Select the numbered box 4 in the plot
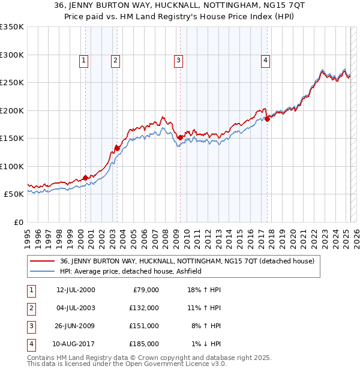pyautogui.click(x=265, y=60)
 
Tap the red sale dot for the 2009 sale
pyautogui.click(x=180, y=138)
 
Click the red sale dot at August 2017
pyautogui.click(x=268, y=119)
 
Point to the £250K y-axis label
pyautogui.click(x=12, y=83)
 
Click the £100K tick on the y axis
pyautogui.click(x=12, y=166)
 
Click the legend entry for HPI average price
pyautogui.click(x=130, y=271)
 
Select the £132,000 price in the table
pyautogui.click(x=144, y=308)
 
